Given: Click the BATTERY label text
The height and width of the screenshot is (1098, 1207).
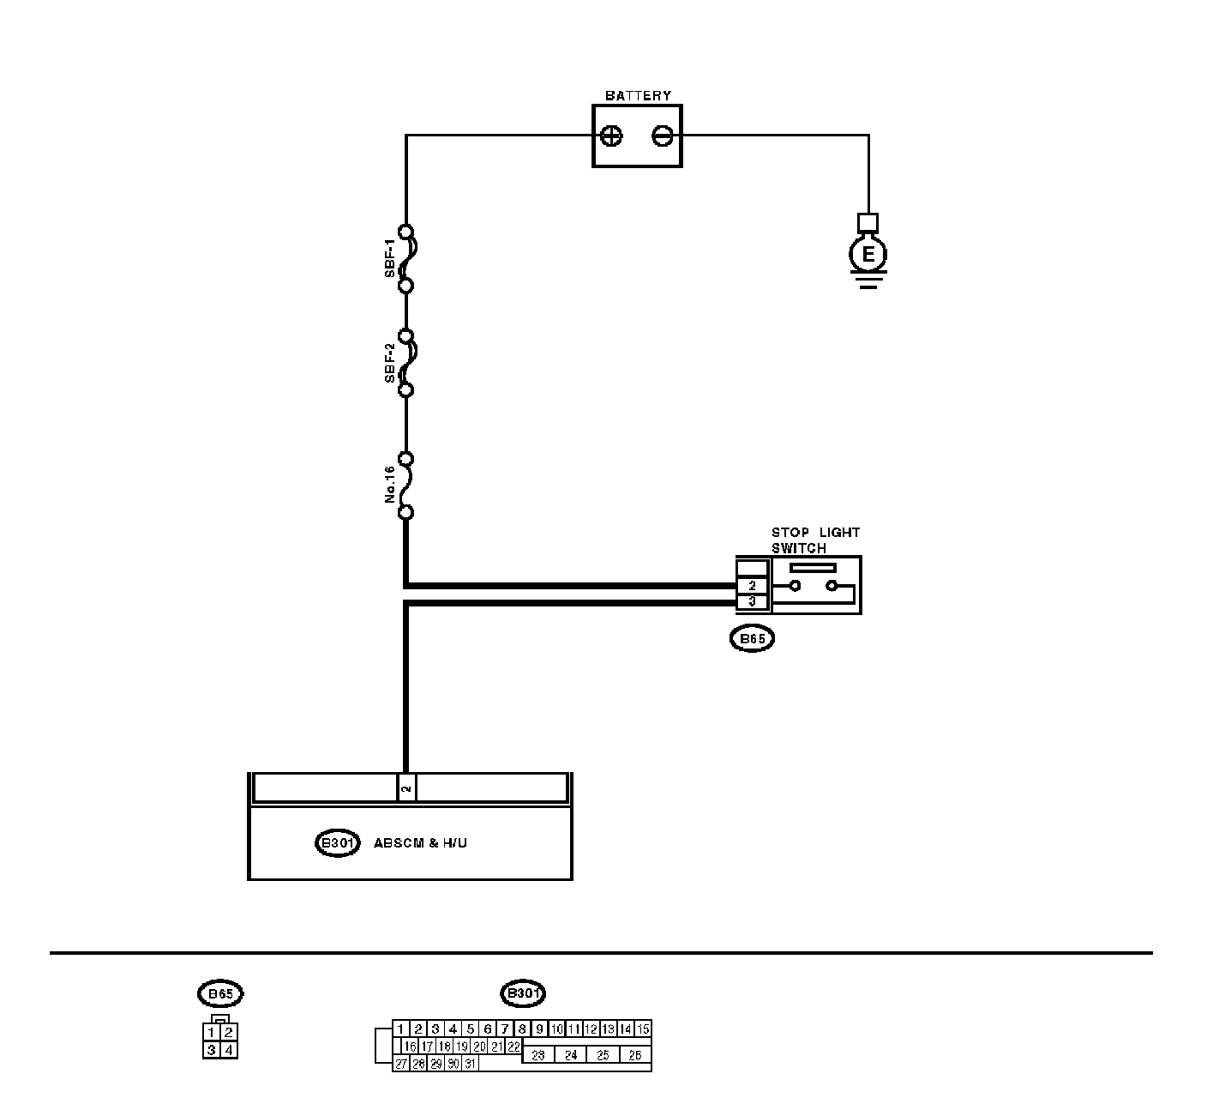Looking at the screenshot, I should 638,95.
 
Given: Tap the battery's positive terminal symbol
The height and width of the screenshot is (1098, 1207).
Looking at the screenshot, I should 612,136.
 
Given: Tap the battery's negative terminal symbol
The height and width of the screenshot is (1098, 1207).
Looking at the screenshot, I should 663,136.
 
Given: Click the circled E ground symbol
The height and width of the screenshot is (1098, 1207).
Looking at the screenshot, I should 868,254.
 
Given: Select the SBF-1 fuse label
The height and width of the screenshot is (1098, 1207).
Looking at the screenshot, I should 390,259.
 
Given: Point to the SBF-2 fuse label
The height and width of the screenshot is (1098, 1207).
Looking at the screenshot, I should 390,363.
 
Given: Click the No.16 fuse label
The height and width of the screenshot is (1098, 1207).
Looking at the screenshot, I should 390,485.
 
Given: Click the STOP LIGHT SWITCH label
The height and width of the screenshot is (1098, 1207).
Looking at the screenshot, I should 814,540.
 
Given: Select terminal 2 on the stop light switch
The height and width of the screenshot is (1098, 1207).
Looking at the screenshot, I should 753,586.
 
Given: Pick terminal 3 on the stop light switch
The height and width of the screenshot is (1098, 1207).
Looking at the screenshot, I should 753,602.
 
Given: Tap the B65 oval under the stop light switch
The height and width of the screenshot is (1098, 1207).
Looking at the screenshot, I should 752,639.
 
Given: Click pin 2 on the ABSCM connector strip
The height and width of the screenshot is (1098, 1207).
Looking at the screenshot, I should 407,787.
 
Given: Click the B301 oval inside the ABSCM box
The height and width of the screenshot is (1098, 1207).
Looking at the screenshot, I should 337,843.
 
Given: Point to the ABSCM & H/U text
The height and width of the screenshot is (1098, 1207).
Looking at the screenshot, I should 420,843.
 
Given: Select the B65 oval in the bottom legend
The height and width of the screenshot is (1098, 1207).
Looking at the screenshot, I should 220,994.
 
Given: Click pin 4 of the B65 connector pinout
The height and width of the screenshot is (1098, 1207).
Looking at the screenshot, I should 229,1049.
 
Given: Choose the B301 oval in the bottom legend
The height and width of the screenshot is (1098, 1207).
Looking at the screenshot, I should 523,994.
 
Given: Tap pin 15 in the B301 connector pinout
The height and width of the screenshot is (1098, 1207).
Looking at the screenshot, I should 643,1029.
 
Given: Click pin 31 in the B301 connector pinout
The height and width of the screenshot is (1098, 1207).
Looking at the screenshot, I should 470,1064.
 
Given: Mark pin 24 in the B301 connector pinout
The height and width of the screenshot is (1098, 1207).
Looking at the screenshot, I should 571,1055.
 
